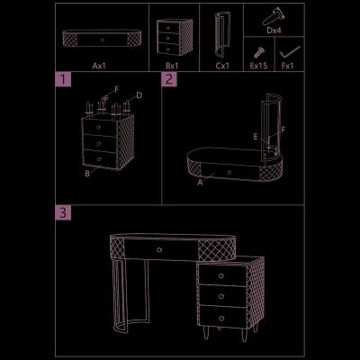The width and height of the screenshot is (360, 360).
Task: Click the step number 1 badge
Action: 63,79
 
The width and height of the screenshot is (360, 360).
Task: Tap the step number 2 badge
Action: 169,79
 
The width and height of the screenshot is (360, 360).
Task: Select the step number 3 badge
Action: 63,212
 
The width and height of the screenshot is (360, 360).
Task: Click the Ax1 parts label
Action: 99,66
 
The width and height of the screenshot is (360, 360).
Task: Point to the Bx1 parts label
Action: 172,66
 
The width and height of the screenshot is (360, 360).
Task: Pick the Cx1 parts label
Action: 222,66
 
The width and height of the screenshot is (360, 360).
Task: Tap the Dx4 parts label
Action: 274,31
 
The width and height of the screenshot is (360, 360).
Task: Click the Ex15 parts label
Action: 258,66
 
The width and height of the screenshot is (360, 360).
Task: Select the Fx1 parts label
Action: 287,66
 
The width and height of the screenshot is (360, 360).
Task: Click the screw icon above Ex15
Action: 258,52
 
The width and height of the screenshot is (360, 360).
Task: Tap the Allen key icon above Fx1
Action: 290,52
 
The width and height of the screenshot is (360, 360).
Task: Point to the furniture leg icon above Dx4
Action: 274,16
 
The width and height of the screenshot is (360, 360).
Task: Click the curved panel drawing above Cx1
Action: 222,34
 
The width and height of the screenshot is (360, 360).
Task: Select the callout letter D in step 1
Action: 139,95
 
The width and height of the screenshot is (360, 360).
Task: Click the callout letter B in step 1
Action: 87,174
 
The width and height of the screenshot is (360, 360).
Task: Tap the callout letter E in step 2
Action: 256,137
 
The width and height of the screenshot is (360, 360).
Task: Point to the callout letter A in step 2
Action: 200,182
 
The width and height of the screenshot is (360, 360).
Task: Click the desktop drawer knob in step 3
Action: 159,249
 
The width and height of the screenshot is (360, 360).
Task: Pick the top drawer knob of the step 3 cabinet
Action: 221,275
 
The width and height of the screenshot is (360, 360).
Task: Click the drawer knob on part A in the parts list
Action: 103,40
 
